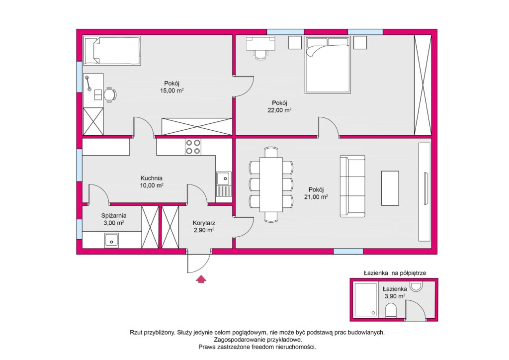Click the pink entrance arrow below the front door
(201, 279)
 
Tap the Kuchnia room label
(151, 178)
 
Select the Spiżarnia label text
(114, 215)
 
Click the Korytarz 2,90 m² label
(204, 227)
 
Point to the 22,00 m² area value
(279, 110)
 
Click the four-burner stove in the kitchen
(193, 147)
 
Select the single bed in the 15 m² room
(112, 51)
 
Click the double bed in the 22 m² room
(328, 65)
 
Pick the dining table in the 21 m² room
(271, 184)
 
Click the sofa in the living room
(352, 186)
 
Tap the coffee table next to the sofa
(390, 188)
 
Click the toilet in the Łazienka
(391, 310)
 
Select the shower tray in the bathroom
(366, 300)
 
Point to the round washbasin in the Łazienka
(416, 286)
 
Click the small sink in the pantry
(111, 241)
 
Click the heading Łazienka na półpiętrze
(395, 273)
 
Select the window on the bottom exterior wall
(348, 251)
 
